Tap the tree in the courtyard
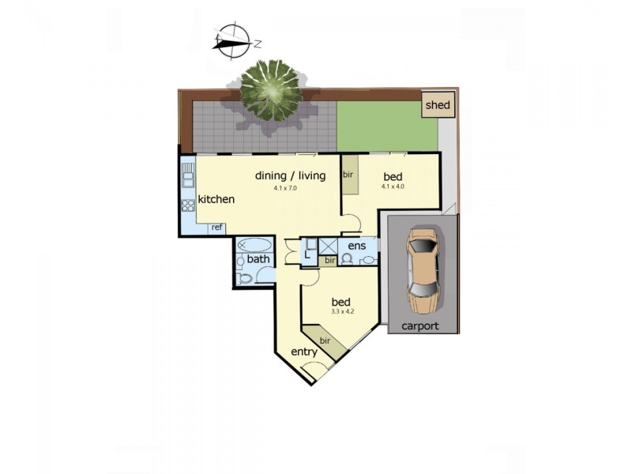(271, 90)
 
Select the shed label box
(438, 105)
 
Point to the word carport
(419, 325)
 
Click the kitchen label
(216, 199)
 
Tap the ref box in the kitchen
(215, 228)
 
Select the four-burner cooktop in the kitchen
(188, 209)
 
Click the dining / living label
(290, 175)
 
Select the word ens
(356, 245)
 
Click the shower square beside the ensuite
(328, 246)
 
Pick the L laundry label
(308, 254)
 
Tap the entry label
(304, 352)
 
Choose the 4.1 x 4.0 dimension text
(393, 187)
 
